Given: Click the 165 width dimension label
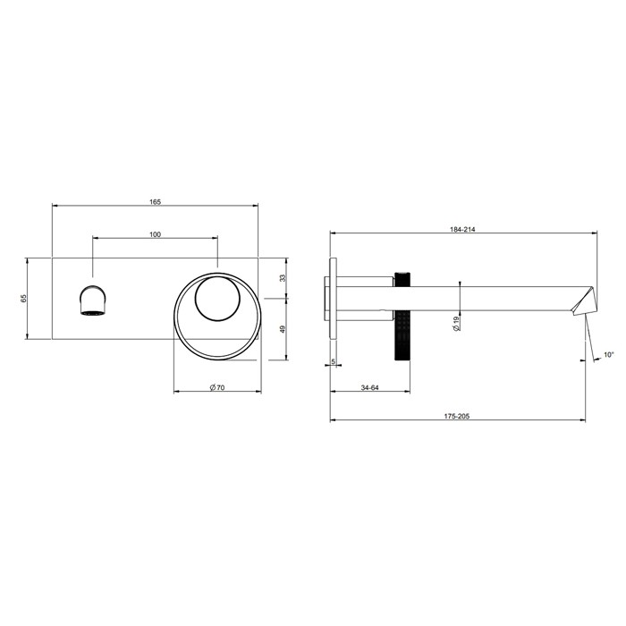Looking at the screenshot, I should (155, 202).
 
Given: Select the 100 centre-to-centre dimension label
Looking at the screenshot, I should (155, 234).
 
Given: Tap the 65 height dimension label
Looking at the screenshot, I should (24, 298).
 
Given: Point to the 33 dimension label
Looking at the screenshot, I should (283, 278).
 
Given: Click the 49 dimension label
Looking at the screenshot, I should (283, 328).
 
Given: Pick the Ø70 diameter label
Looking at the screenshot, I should (216, 386).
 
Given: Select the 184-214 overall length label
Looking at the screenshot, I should (462, 230).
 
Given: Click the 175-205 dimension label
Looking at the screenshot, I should (457, 416).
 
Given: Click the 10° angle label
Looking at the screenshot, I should (608, 355).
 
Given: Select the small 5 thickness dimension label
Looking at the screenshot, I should (334, 361).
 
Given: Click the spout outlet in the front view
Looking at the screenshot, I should (93, 300).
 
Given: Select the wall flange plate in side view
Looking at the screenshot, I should (333, 298).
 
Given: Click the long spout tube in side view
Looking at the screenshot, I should (492, 298).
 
